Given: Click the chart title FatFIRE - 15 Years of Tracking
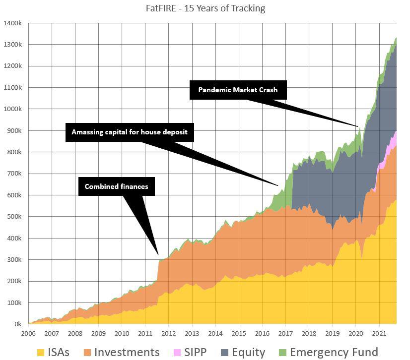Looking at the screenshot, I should point(205,8).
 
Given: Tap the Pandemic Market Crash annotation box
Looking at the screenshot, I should point(238,90).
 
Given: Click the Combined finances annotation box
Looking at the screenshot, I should point(116,186).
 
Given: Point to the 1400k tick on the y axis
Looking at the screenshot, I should point(12,23).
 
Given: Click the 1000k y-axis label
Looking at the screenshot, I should point(12,109).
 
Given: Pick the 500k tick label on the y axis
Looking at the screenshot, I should point(14,217).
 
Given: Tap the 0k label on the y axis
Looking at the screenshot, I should point(17,324).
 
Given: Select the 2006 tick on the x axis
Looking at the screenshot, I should point(28,333).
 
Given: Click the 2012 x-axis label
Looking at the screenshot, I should point(168,333).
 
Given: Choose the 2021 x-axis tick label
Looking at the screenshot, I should point(379,333).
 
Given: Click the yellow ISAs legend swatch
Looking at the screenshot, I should point(41,353).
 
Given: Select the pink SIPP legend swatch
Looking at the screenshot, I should point(176,353).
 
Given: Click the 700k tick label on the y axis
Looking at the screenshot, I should point(14,174).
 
